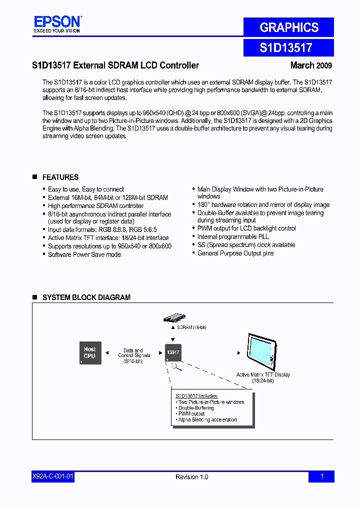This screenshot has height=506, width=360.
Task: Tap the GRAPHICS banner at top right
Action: coord(288,27)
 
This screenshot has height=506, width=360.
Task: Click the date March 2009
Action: coord(311,65)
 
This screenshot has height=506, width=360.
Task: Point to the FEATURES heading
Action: coord(60,177)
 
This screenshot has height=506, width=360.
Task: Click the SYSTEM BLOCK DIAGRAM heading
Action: coord(86,297)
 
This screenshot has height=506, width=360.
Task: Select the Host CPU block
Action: coord(90,352)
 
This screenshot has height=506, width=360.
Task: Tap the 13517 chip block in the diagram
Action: coord(173,352)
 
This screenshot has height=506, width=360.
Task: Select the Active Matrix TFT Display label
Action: coord(263,374)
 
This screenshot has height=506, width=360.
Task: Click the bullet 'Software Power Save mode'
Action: coord(84,254)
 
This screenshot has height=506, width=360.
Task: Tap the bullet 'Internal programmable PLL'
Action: coord(233,236)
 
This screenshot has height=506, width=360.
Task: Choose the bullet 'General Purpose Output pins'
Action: coord(235,253)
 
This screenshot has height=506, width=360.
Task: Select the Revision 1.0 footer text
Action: coord(191,477)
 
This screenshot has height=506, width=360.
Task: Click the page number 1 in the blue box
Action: coord(321,477)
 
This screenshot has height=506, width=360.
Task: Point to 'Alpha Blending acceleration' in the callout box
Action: coord(207,420)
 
